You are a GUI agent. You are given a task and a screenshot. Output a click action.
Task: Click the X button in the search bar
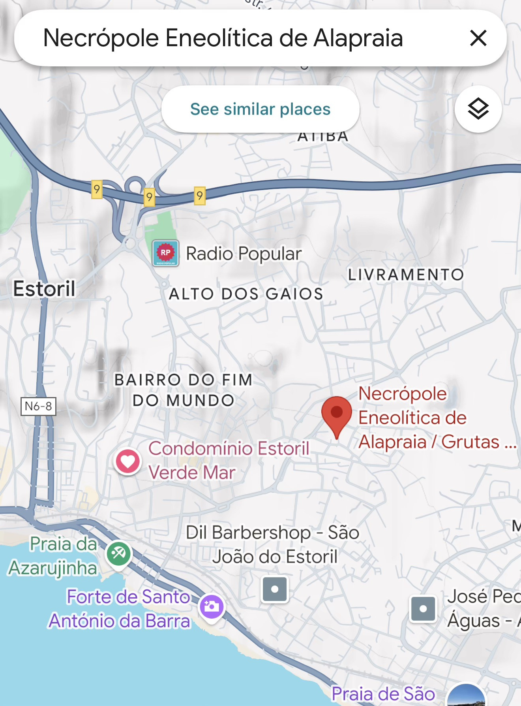pyautogui.click(x=478, y=38)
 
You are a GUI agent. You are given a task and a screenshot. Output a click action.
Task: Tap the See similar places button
pyautogui.click(x=260, y=109)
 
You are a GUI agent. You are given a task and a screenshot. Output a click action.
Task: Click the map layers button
pyautogui.click(x=478, y=109)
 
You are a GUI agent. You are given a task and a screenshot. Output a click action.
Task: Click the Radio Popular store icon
pyautogui.click(x=166, y=253)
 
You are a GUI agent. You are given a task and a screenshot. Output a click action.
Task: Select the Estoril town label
pyautogui.click(x=44, y=288)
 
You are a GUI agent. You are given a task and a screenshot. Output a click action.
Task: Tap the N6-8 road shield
pyautogui.click(x=38, y=406)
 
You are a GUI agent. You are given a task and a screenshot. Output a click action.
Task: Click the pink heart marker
pyautogui.click(x=128, y=461)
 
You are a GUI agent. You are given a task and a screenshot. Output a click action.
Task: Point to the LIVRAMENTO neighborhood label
pyautogui.click(x=405, y=275)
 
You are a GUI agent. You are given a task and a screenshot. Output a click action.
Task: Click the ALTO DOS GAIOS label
pyautogui.click(x=246, y=294)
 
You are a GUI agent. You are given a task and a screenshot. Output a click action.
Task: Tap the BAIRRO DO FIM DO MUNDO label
pyautogui.click(x=183, y=390)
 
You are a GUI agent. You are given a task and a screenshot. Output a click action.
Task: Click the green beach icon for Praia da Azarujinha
pyautogui.click(x=118, y=554)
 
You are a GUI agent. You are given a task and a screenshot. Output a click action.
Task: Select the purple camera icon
pyautogui.click(x=212, y=606)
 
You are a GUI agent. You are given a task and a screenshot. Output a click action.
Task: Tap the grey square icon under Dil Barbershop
pyautogui.click(x=275, y=589)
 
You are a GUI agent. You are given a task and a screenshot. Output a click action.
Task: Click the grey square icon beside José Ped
pyautogui.click(x=423, y=609)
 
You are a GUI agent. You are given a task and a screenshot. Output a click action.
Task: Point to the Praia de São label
pyautogui.click(x=383, y=694)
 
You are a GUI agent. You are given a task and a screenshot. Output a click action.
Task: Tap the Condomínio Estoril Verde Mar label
pyautogui.click(x=229, y=460)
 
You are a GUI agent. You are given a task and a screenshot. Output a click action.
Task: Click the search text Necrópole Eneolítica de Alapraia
pyautogui.click(x=223, y=38)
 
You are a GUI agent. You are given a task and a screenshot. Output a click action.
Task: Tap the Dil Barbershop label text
pyautogui.click(x=272, y=544)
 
